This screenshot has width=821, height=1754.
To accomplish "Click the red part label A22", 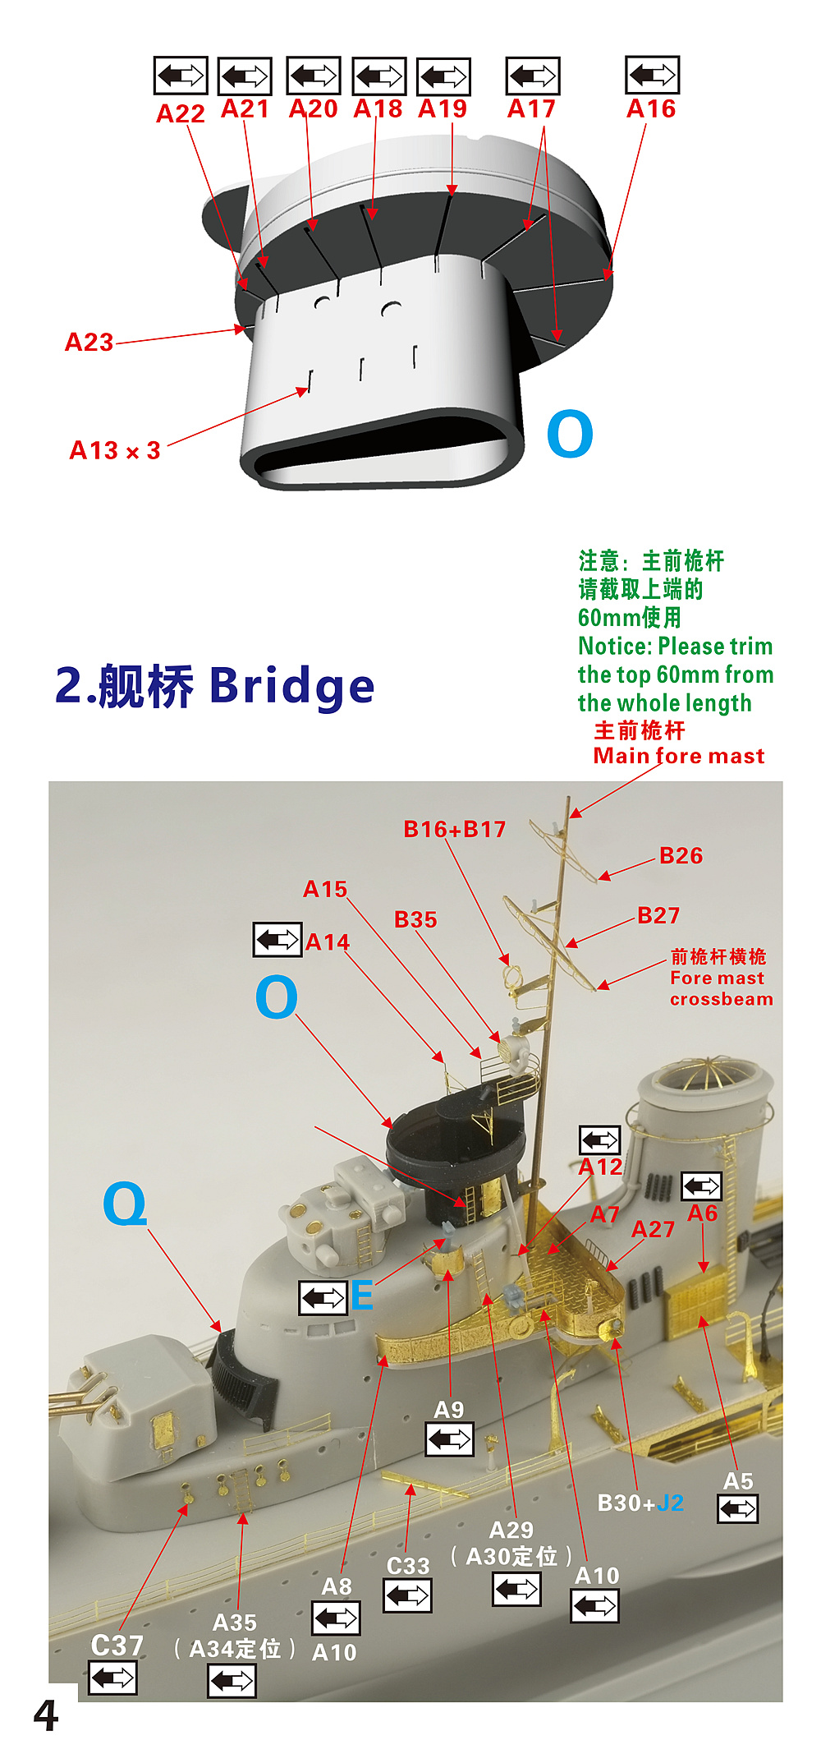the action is [x=181, y=113].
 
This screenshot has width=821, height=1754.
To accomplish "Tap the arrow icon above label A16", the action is [x=652, y=76].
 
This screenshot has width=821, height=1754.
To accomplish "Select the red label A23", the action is [x=89, y=342].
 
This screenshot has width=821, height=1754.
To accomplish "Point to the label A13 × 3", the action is [x=115, y=450].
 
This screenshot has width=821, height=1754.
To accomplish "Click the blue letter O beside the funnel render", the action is [x=570, y=434].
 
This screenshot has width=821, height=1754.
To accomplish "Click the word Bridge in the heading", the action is [x=292, y=686].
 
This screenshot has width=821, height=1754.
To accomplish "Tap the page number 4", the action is [x=46, y=1716].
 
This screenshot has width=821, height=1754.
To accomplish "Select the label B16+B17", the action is [x=455, y=829].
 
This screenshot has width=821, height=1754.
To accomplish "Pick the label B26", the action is [x=681, y=856].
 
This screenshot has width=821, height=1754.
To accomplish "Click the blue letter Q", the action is [x=125, y=1204].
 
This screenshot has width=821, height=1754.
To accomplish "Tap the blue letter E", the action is [x=362, y=1296].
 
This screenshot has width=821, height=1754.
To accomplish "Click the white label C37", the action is [x=117, y=1645].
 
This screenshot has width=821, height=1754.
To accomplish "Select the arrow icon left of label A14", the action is [x=277, y=939].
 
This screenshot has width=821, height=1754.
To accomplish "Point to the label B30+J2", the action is [x=640, y=1503].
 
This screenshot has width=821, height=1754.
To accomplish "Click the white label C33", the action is [x=408, y=1566].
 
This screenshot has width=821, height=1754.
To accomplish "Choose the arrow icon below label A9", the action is [x=450, y=1439].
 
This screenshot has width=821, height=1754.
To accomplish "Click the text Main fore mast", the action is [x=679, y=756].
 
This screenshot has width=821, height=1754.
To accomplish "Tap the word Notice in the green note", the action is [x=613, y=647].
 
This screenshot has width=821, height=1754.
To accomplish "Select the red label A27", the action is [x=653, y=1229].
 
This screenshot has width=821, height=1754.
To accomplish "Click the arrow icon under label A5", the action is [x=738, y=1508].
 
